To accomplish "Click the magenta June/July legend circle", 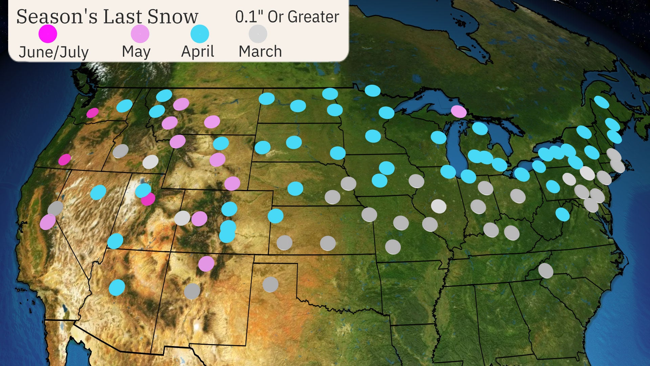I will tap(48, 34).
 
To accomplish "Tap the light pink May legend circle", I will tap(140, 34).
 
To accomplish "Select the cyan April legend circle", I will tap(199, 34).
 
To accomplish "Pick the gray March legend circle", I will tap(258, 34).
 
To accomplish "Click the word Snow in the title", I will tap(173, 17).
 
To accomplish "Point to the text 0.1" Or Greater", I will tap(287, 17).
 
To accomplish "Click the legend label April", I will tap(197, 52).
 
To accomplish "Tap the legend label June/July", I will tap(53, 52).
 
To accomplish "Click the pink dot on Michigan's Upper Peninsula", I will tap(459, 111).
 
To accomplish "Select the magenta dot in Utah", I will tap(148, 199).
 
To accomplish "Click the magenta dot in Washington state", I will tap(92, 113).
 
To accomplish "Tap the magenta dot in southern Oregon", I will tap(65, 159).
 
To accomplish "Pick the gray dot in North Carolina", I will tap(545, 270).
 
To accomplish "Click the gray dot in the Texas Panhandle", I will tap(270, 284).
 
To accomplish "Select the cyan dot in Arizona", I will tap(117, 287).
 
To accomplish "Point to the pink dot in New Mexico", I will tap(206, 264).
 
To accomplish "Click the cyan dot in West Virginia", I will tap(562, 214).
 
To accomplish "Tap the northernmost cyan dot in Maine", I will tap(602, 102).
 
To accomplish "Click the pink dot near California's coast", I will tap(47, 222).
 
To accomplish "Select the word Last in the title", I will tap(122, 17).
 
